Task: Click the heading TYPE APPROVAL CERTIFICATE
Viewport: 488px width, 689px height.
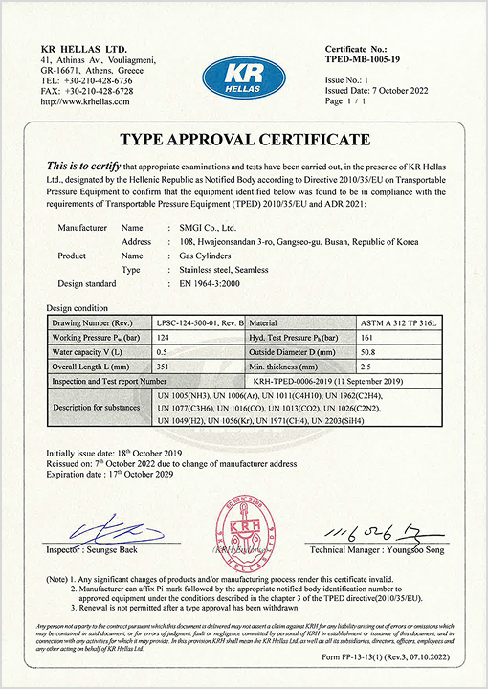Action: [244, 140]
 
